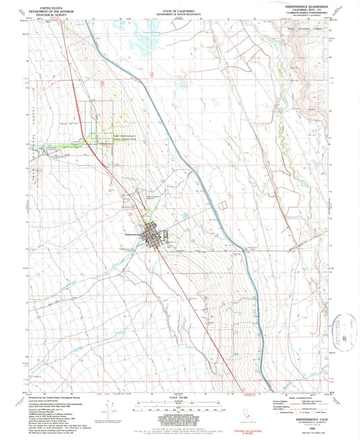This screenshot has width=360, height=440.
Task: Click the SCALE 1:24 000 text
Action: (180, 395)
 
